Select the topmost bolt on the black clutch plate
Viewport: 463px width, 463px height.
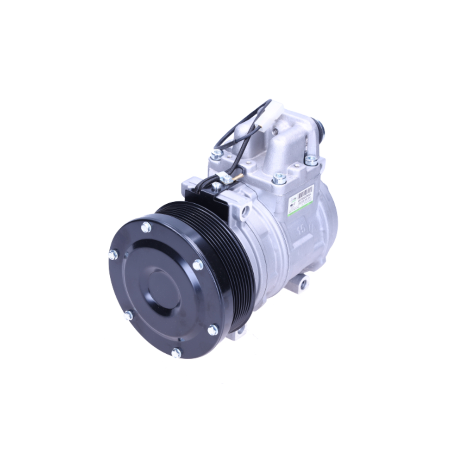tap(146, 227)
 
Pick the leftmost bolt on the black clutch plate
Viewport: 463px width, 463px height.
tap(113, 255)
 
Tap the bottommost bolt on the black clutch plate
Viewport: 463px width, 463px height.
tap(176, 353)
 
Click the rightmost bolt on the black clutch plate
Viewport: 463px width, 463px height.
tap(213, 330)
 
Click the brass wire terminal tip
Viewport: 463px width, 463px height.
tap(239, 175)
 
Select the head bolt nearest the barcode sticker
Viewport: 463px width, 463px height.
tap(279, 177)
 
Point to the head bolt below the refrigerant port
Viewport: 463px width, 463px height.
tap(311, 160)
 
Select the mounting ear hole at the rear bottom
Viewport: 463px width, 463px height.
tap(303, 284)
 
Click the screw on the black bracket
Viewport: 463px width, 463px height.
tap(216, 187)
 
